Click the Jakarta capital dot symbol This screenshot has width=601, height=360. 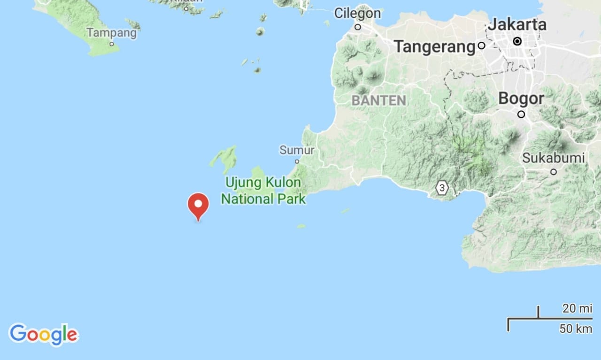coord(517,41)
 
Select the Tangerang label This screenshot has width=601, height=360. coord(435,46)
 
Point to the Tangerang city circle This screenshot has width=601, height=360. coord(481,46)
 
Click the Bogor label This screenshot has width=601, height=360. coord(521,99)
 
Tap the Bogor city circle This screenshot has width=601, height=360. coord(521,114)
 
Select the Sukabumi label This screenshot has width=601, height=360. coord(554,158)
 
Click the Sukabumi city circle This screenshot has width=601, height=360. coord(554,172)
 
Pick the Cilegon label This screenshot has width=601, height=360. coord(357,13)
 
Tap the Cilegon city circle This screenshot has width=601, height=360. coord(358,27)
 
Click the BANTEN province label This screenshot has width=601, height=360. coord(378,100)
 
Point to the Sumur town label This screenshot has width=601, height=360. coord(297,150)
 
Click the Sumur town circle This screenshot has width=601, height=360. coord(297,161)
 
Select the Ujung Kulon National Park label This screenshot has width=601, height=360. coord(263,190)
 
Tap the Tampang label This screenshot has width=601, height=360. coord(112,33)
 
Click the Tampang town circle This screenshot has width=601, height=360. coord(112,44)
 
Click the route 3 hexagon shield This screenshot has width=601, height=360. coord(442,188)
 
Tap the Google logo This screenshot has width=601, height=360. coord(43,334)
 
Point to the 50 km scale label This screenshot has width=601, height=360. coord(576,329)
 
